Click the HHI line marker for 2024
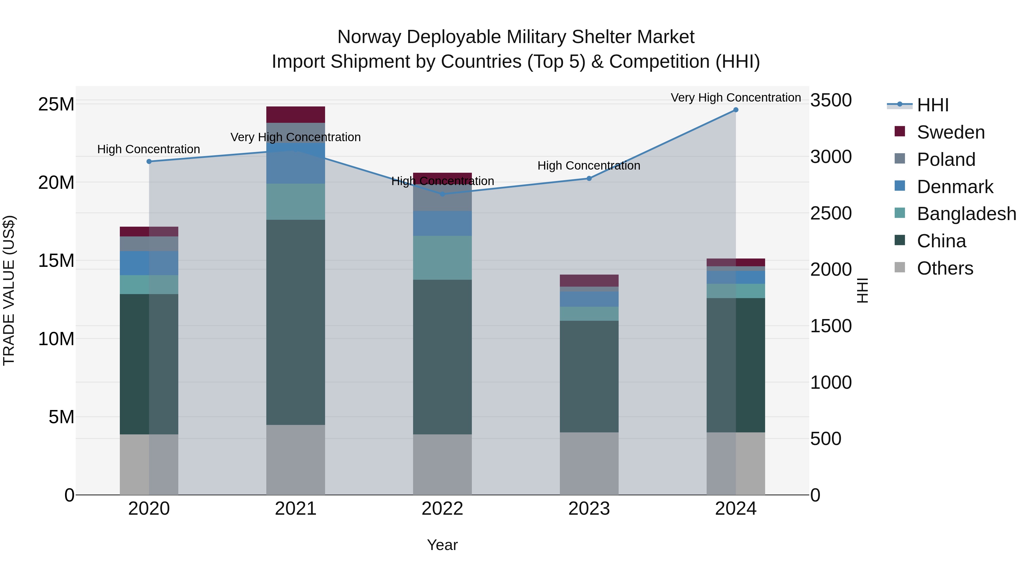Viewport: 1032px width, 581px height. tap(736, 110)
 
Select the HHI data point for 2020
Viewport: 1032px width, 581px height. tap(149, 162)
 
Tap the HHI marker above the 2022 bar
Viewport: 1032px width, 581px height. tap(442, 194)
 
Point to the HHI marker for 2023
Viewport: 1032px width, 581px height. tap(589, 178)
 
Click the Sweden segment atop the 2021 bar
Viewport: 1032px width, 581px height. tap(295, 115)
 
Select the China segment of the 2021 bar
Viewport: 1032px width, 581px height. tap(295, 322)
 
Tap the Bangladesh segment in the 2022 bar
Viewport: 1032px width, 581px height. tap(442, 257)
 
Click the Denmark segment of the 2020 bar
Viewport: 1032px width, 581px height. tap(149, 263)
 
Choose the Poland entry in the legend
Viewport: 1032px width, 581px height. tap(946, 160)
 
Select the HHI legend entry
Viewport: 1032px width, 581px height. tap(933, 105)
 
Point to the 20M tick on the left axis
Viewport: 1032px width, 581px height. tap(56, 183)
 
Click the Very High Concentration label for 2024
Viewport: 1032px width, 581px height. tap(736, 98)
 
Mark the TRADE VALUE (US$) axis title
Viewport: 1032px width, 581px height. tap(9, 290)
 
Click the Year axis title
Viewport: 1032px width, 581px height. tap(442, 545)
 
